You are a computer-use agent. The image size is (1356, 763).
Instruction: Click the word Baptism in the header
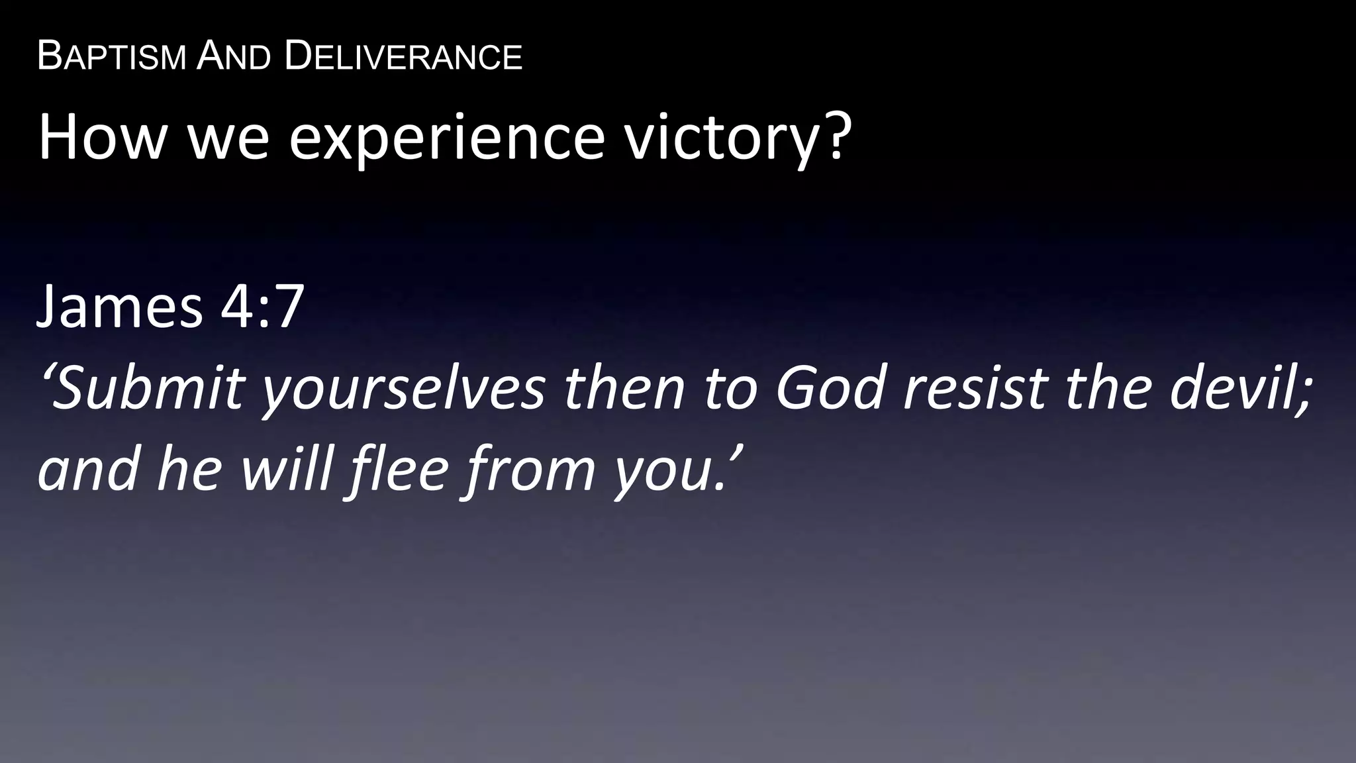coord(112,56)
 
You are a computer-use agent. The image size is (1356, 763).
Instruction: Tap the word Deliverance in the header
coord(403,56)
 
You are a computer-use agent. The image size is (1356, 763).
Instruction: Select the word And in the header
coord(234,56)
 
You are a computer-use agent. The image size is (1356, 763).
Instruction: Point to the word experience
coord(447,138)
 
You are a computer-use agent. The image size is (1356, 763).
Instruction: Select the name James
coord(119,307)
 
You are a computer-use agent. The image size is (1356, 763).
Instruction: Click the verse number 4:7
coord(262,307)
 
